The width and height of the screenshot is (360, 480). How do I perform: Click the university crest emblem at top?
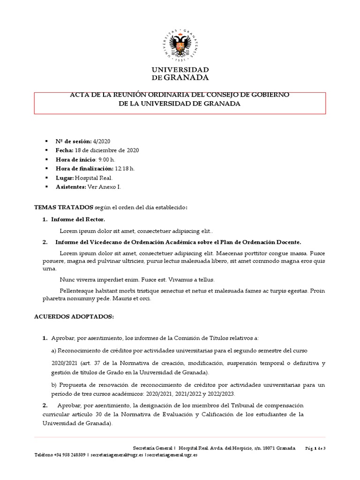pyautogui.click(x=180, y=45)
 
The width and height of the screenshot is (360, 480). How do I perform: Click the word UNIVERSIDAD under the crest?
pyautogui.click(x=180, y=69)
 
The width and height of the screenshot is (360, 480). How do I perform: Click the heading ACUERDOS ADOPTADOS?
pyautogui.click(x=74, y=316)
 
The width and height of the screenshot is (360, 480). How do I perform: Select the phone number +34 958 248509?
pyautogui.click(x=70, y=455)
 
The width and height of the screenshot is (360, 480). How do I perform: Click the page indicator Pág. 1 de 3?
pyautogui.click(x=315, y=448)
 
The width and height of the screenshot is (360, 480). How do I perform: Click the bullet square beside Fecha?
pyautogui.click(x=46, y=150)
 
